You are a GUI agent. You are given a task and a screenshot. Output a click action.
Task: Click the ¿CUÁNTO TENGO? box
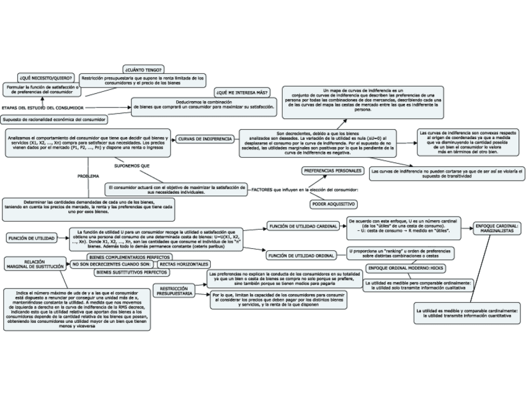[143, 69]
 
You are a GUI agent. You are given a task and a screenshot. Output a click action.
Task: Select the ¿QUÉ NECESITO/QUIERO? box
[45, 78]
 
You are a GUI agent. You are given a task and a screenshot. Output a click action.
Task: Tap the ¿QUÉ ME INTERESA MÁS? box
[241, 92]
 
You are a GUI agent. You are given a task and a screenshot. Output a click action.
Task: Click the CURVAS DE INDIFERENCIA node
[205, 138]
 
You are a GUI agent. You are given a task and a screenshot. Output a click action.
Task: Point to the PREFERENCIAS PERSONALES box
[332, 170]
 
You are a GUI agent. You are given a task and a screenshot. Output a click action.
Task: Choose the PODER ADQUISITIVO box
[333, 204]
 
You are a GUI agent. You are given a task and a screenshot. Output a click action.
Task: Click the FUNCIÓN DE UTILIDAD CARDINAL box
[302, 226]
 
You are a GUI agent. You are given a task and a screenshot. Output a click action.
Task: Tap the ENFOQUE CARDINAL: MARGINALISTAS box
[498, 228]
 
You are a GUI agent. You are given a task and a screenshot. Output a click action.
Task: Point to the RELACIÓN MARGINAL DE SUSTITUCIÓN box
[35, 264]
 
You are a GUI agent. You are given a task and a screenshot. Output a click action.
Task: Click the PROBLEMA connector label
[88, 176]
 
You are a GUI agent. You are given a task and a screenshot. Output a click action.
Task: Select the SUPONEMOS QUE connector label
[133, 166]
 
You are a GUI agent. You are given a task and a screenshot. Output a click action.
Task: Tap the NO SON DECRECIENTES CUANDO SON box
[112, 264]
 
